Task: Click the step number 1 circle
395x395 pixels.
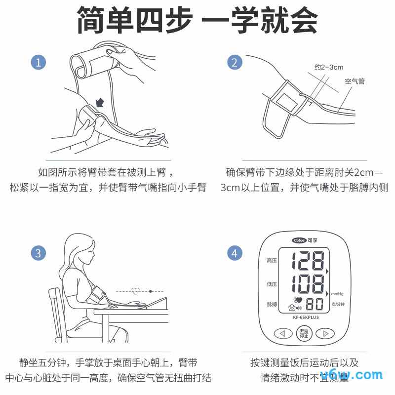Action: pos(39,63)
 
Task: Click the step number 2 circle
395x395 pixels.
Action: pos(235,63)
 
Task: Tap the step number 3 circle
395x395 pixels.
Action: pos(39,253)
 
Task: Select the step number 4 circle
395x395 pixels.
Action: pos(235,253)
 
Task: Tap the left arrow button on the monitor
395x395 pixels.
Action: pos(282,334)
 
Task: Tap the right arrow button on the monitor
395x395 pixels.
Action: pos(325,334)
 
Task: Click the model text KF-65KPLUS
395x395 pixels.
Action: pos(306,317)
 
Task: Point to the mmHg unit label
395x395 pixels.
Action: pos(337,293)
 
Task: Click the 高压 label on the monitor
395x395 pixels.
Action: pos(272,261)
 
